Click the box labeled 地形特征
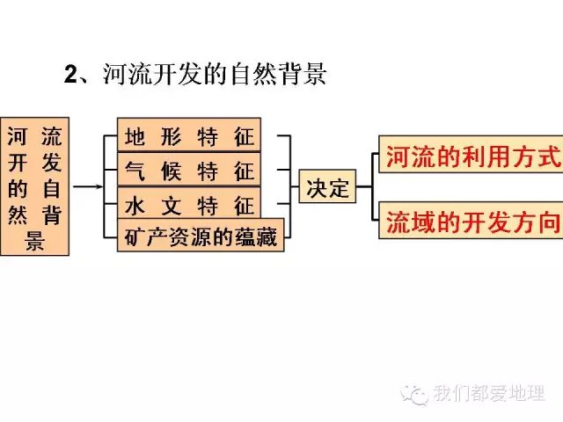point(189,137)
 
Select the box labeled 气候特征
point(189,171)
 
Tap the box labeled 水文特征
point(189,205)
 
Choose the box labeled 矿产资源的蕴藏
point(201,235)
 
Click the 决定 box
point(327,188)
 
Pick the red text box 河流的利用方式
point(471,157)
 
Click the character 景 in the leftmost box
point(36,239)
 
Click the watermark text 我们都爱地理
point(488,394)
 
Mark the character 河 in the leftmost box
point(17,137)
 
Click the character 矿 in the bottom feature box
point(132,236)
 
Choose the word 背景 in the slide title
point(307,75)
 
